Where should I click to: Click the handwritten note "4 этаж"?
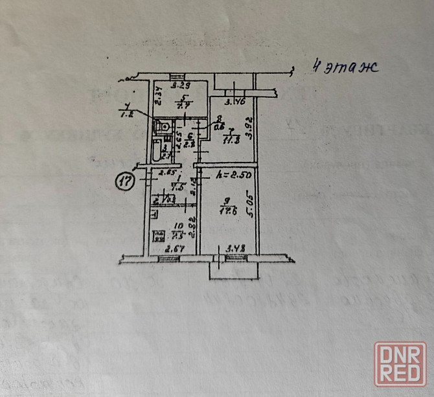tap(344, 67)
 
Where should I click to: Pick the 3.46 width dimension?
tap(234, 102)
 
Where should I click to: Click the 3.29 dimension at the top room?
tap(179, 85)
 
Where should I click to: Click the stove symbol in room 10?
tap(157, 236)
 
